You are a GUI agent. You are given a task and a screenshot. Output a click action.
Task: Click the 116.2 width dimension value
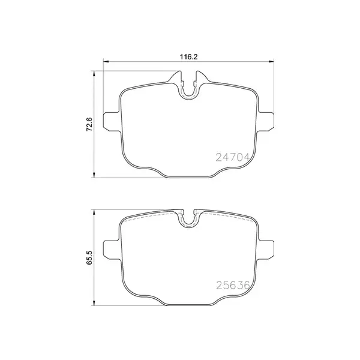[189, 56]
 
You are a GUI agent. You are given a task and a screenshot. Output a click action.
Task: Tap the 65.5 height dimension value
[89, 258]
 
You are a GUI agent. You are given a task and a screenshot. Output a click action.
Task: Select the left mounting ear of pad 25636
[111, 248]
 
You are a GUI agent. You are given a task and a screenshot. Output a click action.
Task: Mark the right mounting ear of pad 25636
[268, 248]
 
